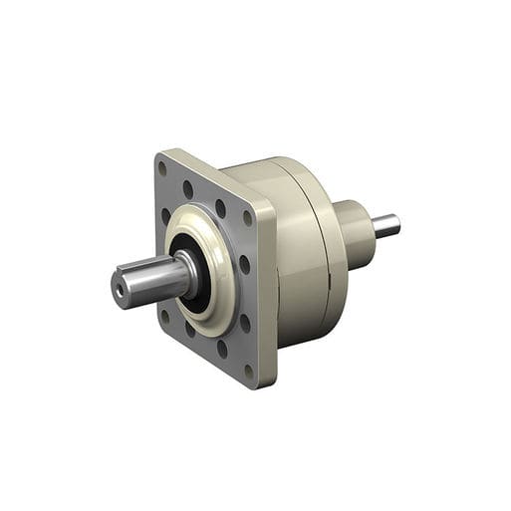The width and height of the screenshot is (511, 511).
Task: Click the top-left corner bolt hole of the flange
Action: [162, 169]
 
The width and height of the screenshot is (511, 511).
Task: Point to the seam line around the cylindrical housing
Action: [317, 249]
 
